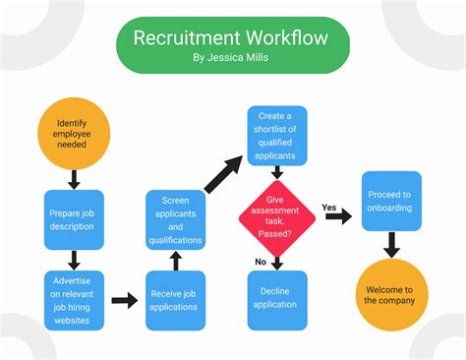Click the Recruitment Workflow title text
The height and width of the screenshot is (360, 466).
click(232, 38)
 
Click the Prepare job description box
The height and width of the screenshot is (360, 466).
click(74, 217)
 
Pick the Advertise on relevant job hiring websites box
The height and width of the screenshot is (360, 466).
click(74, 300)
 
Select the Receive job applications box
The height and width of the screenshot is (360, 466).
click(176, 300)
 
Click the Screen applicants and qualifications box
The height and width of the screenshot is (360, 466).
click(176, 218)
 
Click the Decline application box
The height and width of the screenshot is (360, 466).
click(276, 299)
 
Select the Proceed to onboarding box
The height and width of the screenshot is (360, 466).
click(391, 201)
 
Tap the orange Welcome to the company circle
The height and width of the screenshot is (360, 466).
click(391, 294)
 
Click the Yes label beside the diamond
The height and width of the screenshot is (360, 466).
click(330, 207)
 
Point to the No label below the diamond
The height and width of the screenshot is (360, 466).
click(261, 262)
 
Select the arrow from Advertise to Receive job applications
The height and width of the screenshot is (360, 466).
click(125, 300)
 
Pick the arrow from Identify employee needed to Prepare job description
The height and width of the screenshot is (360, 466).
click(74, 179)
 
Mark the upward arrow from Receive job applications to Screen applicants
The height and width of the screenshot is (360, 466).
click(176, 260)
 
